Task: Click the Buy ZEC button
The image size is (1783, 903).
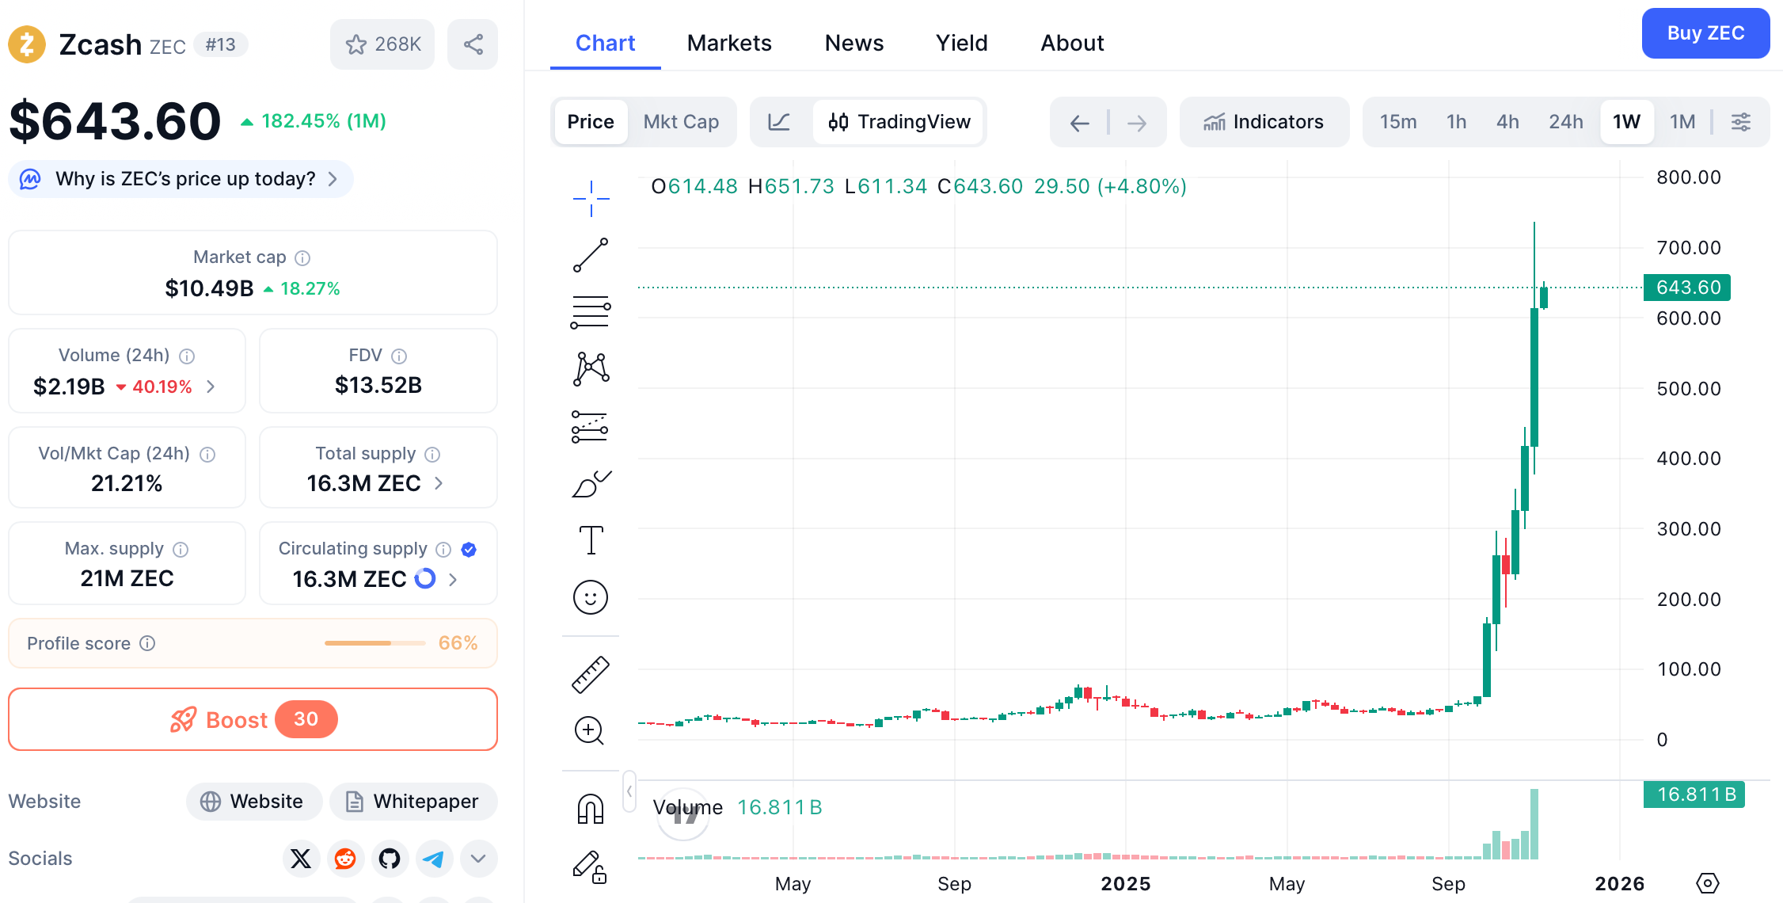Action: [x=1705, y=33]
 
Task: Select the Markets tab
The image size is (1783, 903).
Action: [x=729, y=43]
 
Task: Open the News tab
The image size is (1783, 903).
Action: [x=853, y=43]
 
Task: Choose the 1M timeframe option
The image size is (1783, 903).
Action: [x=1682, y=122]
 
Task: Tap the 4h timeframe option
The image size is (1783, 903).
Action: [x=1507, y=122]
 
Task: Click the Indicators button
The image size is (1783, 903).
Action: [x=1264, y=122]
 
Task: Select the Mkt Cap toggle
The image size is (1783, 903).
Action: [x=681, y=122]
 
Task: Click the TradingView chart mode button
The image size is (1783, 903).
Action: [x=899, y=122]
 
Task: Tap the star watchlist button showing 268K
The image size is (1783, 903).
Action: [x=382, y=44]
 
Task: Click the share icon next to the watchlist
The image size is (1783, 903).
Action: [x=473, y=44]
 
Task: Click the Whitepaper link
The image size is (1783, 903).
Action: [x=413, y=802]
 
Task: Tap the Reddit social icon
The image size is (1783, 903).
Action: [x=345, y=859]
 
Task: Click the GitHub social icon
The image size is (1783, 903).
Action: [x=390, y=859]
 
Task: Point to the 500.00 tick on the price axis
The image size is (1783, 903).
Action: [x=1688, y=389]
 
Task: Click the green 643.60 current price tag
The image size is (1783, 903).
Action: [x=1687, y=288]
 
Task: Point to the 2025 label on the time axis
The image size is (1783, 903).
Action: [x=1125, y=884]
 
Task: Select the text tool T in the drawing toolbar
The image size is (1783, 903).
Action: [x=591, y=540]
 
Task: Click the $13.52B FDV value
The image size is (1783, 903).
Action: [x=378, y=386]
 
